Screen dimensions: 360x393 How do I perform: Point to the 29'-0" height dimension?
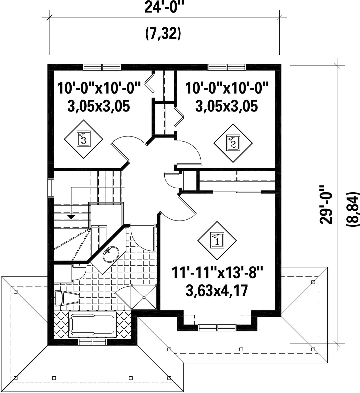point(326,204)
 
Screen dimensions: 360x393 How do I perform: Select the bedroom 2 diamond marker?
point(233,143)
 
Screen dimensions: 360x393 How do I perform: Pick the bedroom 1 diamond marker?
point(217,240)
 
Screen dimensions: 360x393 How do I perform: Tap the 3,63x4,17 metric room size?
point(217,291)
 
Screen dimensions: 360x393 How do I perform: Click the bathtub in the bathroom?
point(93,325)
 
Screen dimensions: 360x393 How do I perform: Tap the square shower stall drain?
point(144,297)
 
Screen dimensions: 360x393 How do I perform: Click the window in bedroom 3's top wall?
point(102,67)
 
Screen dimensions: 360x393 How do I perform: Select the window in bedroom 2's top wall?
point(227,67)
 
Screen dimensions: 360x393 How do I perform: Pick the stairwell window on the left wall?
point(51,188)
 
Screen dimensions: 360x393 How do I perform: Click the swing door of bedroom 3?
point(120,151)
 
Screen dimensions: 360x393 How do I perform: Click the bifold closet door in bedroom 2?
point(179,117)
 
